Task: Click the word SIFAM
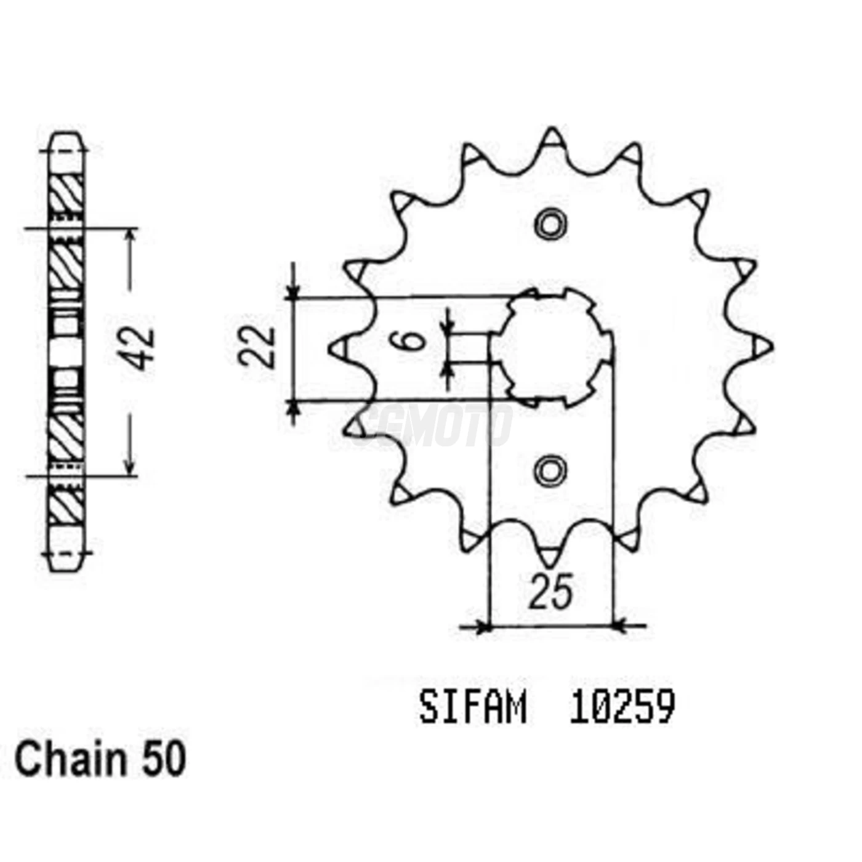[x=472, y=708]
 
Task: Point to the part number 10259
[x=622, y=708]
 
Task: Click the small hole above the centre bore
[x=550, y=224]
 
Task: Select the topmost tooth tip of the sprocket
[x=552, y=137]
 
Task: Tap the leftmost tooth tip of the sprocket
[x=337, y=349]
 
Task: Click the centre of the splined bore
[x=552, y=347]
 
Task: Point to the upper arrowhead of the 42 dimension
[x=130, y=236]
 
